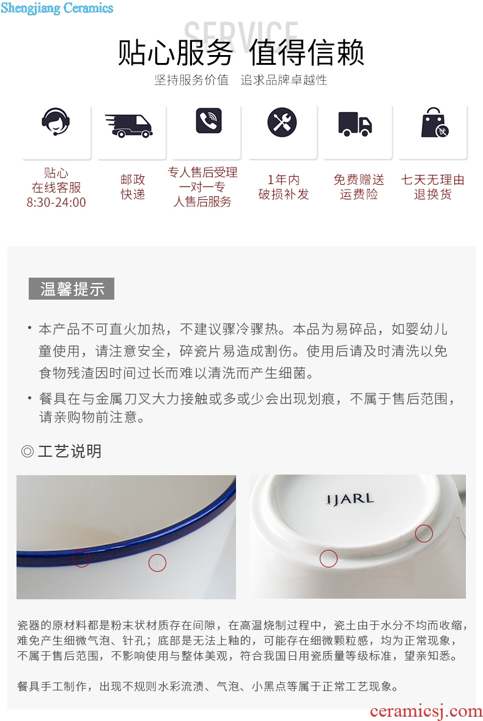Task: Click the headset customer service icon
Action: (x=56, y=122)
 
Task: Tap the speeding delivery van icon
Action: (x=129, y=126)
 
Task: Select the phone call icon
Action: (x=208, y=121)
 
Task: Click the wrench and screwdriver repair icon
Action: (x=282, y=122)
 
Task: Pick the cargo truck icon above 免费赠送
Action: (x=355, y=124)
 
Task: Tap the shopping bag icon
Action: (x=435, y=123)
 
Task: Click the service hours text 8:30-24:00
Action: (x=56, y=202)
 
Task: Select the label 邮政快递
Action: (x=133, y=187)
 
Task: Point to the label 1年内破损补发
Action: (x=284, y=187)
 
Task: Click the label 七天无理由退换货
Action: (x=433, y=187)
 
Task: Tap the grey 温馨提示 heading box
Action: (x=72, y=289)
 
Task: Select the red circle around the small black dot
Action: (x=157, y=563)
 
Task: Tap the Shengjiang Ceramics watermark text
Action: (x=57, y=8)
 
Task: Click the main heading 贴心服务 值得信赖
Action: (x=242, y=52)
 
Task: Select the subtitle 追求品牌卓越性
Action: (x=284, y=80)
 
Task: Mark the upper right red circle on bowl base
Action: (x=424, y=533)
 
